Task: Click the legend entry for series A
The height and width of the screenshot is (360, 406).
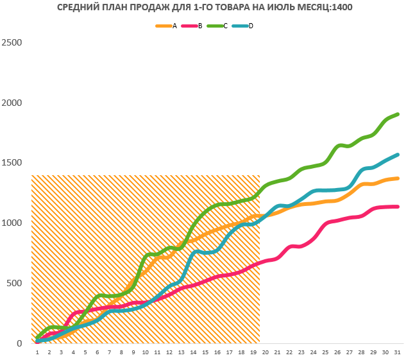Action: click(x=168, y=26)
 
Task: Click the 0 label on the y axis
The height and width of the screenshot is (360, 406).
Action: click(x=19, y=344)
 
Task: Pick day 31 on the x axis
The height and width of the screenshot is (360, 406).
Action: click(x=398, y=352)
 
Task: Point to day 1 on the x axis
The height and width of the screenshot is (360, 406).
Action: click(x=37, y=352)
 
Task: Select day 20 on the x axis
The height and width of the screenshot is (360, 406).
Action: click(x=266, y=352)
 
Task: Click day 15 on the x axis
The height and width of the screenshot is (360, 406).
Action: click(x=205, y=352)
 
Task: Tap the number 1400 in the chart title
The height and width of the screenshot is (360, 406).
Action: click(x=341, y=8)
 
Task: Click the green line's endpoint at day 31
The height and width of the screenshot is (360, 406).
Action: click(x=398, y=114)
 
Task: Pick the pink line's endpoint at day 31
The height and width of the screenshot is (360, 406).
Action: click(x=398, y=207)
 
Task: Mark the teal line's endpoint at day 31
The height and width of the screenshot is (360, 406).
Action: click(x=398, y=155)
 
